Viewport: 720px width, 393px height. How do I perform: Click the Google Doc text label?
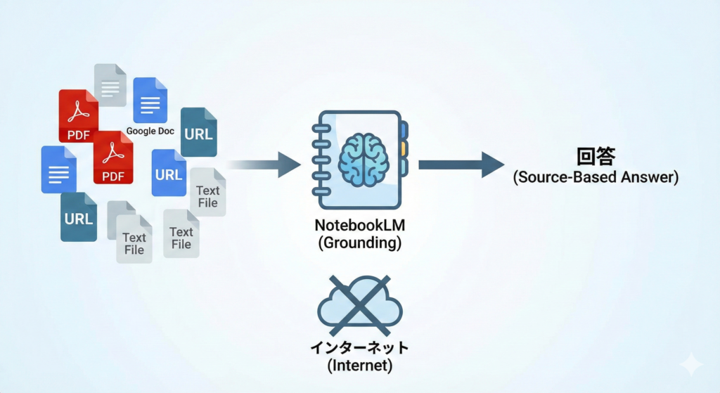[150, 131]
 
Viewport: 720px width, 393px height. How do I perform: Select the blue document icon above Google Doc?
[150, 100]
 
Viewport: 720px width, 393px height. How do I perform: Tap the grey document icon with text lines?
[110, 85]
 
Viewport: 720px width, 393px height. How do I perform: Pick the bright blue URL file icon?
[169, 173]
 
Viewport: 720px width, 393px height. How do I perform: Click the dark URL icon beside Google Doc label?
[199, 131]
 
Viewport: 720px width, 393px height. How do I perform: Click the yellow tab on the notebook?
[404, 148]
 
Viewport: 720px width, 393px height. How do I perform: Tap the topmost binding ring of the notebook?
[320, 127]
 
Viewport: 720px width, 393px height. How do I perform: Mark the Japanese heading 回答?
[596, 155]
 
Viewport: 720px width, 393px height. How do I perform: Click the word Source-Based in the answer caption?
[570, 177]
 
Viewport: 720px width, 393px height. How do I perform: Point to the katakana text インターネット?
[360, 348]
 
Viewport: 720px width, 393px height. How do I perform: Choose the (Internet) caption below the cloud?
[360, 366]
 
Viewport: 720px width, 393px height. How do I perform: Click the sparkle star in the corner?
[691, 363]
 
